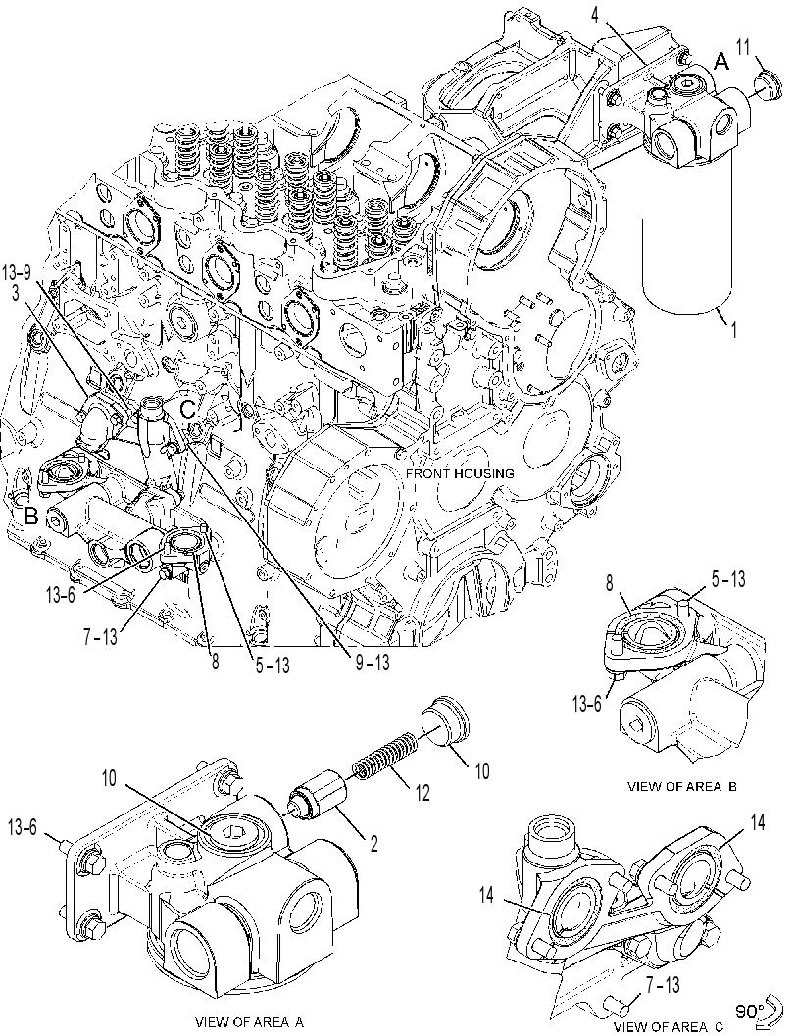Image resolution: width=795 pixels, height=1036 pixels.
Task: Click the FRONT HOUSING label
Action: point(460,473)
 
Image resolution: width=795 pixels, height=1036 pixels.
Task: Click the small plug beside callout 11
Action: point(766,84)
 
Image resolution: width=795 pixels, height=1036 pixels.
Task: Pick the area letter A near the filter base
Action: point(721,62)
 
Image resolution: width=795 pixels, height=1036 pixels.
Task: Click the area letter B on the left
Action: point(31,516)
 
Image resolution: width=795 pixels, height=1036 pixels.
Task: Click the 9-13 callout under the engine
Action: point(373,662)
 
